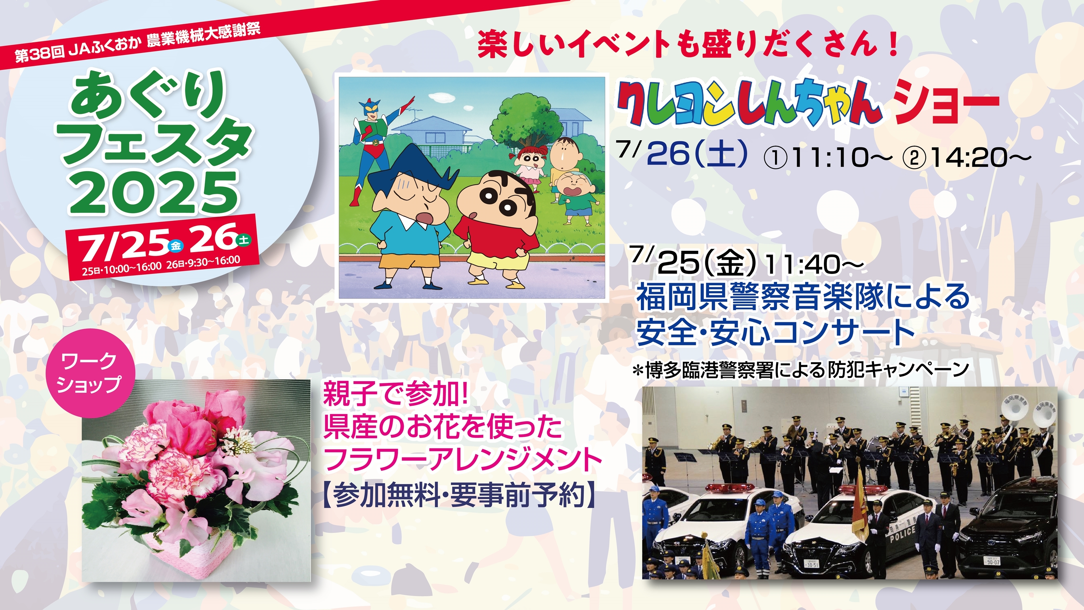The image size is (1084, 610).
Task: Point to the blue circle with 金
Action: pos(175,246)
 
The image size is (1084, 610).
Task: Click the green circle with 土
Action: pos(244,240)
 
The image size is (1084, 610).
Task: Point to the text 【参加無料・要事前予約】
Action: pos(459,495)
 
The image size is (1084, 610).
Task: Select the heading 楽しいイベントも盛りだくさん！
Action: pos(688,45)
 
